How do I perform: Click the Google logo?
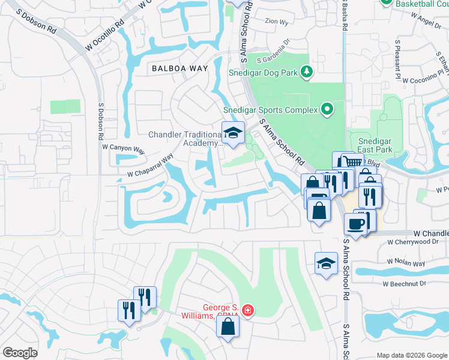coord(20,353)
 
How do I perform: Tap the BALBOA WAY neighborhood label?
coord(179,68)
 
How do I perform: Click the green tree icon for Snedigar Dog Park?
coord(307,73)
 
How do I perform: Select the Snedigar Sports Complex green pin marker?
coord(327,109)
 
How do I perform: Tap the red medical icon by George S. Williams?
coord(248,310)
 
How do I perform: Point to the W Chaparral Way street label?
coord(150,165)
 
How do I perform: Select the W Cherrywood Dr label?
coord(413,242)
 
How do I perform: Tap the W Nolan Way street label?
coord(406,263)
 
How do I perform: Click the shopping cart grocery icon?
coord(351,161)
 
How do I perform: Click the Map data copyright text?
coord(412,355)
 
